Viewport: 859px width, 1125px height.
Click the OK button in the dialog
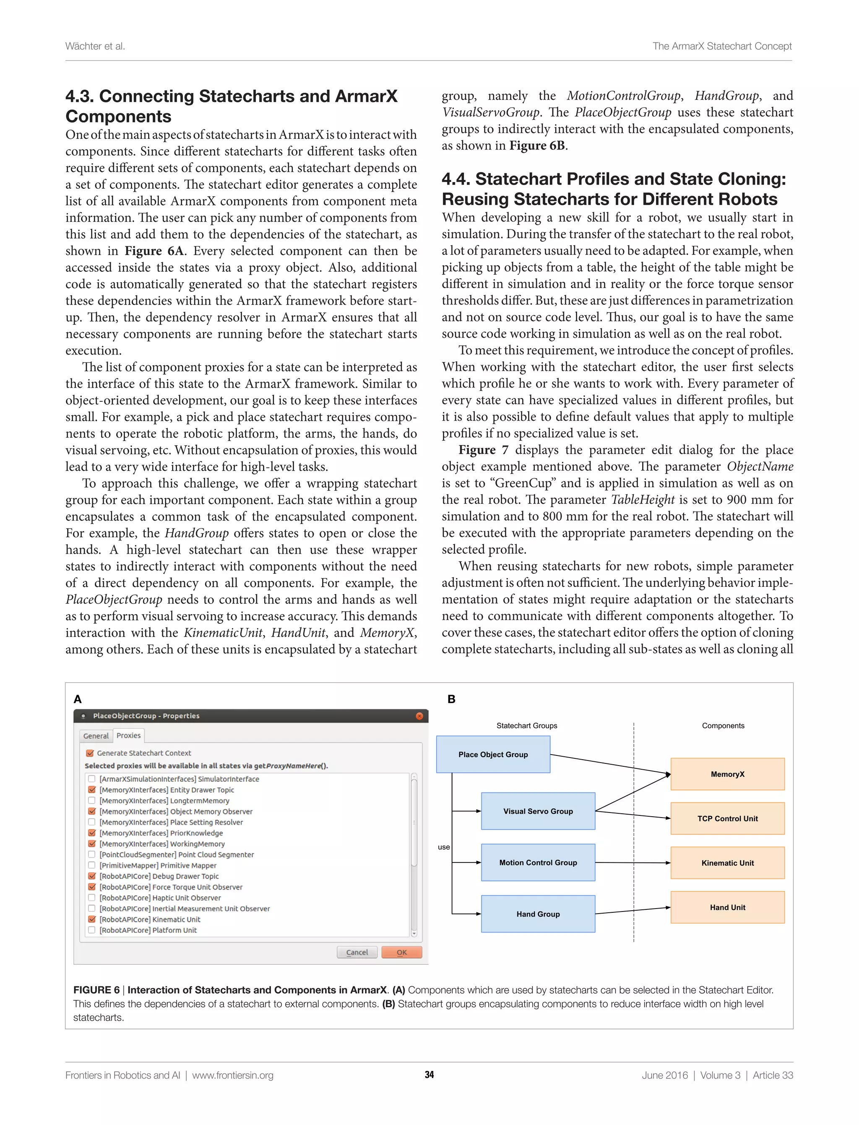401,952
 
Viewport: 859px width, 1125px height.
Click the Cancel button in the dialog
357,952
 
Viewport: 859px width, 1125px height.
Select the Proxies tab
128,735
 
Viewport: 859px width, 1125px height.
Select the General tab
96,736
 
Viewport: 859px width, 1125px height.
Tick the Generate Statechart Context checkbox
91,753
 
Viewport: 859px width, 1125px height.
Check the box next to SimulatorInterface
92,779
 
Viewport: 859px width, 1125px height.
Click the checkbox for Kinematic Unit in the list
92,919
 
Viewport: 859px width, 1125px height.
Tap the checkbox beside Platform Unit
92,930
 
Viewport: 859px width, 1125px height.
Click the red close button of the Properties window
419,716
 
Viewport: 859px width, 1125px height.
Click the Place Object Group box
493,754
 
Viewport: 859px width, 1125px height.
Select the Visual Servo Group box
538,811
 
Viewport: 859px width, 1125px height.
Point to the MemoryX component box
727,774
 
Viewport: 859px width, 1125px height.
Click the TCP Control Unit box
727,818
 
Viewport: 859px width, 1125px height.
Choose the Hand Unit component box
727,907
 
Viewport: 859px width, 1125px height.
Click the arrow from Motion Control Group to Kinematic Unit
633,863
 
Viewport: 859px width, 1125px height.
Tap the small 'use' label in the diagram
444,847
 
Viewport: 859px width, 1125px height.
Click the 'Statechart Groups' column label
527,726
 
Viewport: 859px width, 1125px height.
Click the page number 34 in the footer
429,1075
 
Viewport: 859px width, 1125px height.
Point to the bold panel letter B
451,699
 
